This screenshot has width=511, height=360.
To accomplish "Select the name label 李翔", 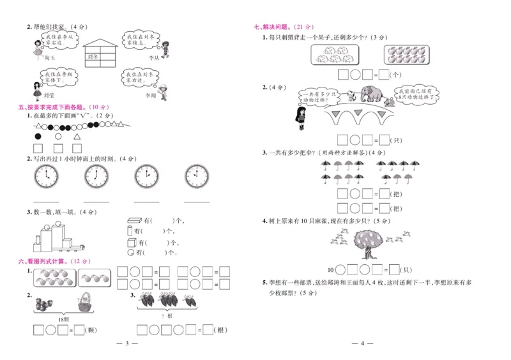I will [x=151, y=96].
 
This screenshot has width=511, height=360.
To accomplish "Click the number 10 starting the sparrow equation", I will [x=331, y=269].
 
